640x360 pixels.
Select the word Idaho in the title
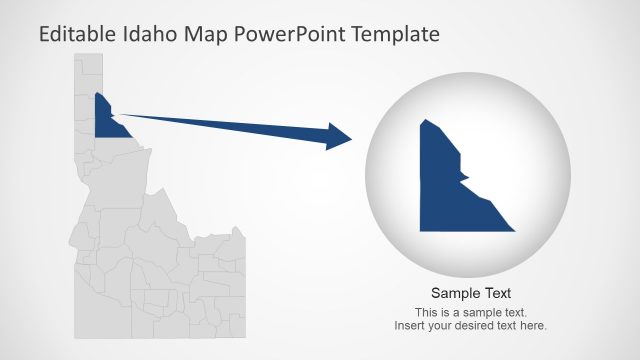(154, 34)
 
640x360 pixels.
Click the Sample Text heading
(471, 293)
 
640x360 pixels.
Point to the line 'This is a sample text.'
(471, 312)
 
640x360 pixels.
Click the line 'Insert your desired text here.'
(471, 326)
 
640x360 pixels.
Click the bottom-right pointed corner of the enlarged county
(514, 231)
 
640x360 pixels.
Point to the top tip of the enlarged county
(426, 120)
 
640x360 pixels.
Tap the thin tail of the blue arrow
(140, 117)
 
